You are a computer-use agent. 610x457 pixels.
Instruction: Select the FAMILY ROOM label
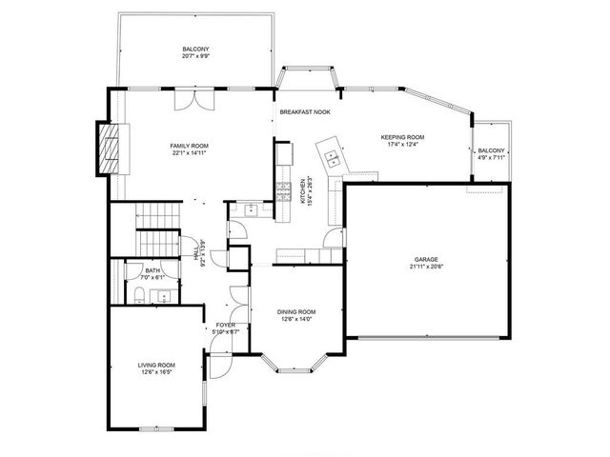(191, 146)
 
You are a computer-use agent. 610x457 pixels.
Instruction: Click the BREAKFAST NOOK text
(304, 112)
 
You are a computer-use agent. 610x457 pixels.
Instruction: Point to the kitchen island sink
(332, 154)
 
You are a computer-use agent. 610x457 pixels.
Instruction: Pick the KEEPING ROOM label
(401, 138)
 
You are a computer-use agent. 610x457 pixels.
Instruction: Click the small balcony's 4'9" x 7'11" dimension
(491, 158)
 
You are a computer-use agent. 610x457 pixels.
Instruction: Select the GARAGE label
(425, 259)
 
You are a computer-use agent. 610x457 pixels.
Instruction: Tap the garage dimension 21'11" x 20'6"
(425, 267)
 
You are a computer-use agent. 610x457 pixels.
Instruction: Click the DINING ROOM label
(296, 312)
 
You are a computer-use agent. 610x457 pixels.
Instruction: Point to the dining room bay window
(295, 365)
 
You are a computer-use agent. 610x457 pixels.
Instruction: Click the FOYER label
(226, 326)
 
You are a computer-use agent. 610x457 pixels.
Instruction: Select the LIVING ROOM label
(156, 365)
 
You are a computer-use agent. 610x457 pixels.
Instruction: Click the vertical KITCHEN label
(304, 191)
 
